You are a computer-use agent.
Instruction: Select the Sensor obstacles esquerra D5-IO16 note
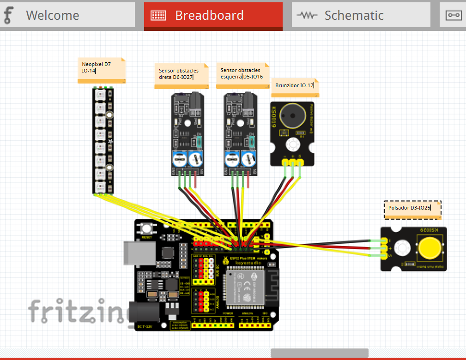[242, 74]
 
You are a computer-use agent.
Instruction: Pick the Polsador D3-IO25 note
[412, 208]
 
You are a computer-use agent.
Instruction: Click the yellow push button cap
[429, 248]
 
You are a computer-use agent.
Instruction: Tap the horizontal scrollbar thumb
[319, 353]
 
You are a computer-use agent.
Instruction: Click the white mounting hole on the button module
[401, 248]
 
